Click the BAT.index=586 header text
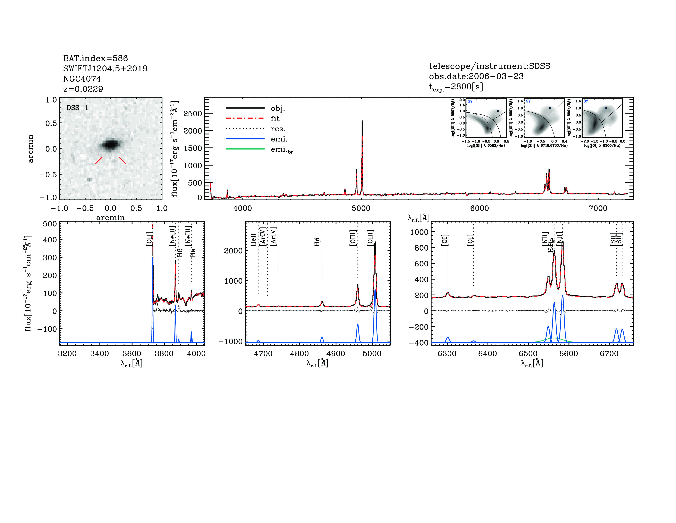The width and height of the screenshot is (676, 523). [x=95, y=58]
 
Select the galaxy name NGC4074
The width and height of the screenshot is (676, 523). [x=82, y=79]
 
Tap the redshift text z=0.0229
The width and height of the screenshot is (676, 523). [x=83, y=89]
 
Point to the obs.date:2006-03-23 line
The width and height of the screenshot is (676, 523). [x=476, y=76]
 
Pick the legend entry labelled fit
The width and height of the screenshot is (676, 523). [x=275, y=118]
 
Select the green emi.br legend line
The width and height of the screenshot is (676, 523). [x=245, y=149]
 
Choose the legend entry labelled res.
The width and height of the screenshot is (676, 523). [x=278, y=129]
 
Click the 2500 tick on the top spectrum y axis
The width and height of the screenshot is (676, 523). [x=193, y=114]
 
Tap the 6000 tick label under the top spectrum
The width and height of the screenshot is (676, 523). [x=480, y=208]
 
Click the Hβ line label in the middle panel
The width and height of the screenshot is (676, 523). [x=317, y=242]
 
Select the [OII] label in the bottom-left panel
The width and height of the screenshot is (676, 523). [x=149, y=239]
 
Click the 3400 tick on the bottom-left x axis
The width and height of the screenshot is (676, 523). [x=99, y=354]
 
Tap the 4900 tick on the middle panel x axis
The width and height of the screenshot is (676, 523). [x=336, y=354]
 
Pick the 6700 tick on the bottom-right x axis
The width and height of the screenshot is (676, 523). [x=609, y=354]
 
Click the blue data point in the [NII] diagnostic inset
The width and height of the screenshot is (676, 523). [x=498, y=111]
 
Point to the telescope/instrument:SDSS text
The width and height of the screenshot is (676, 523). [x=489, y=66]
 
